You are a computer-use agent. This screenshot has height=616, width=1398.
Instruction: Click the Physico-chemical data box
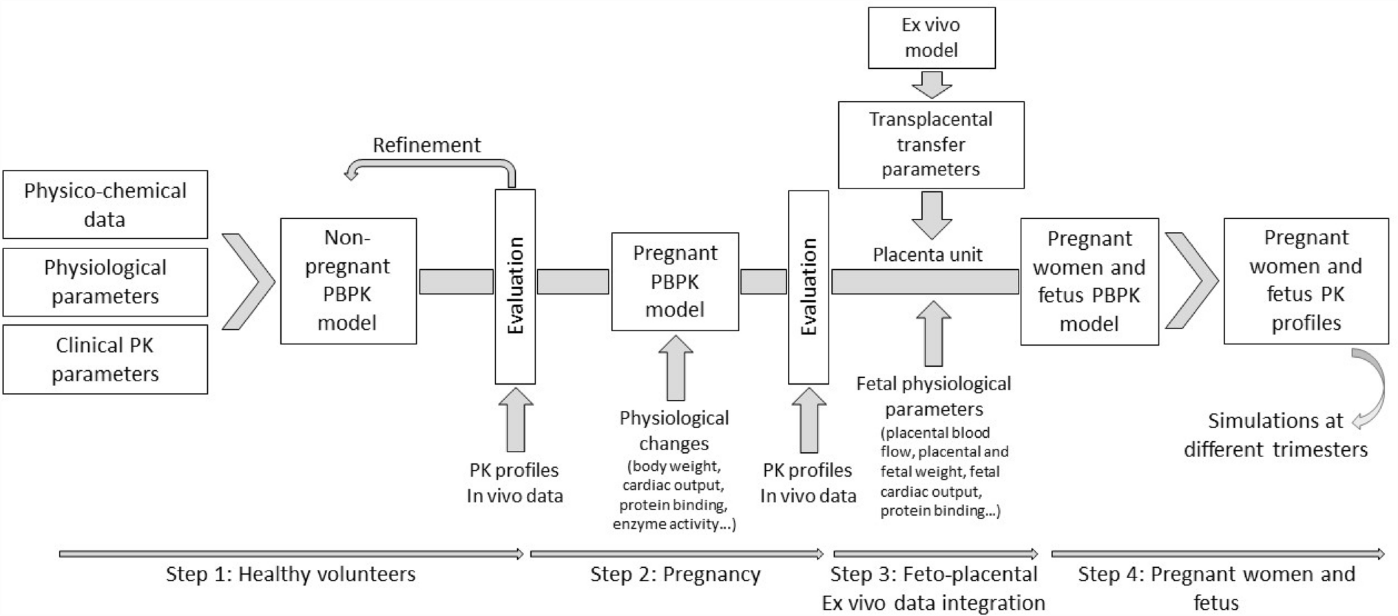(105, 204)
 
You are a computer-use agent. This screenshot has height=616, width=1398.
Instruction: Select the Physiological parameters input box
(105, 282)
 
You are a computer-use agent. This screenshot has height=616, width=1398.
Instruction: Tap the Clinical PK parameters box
(105, 359)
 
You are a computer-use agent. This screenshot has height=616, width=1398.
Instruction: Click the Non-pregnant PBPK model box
(348, 281)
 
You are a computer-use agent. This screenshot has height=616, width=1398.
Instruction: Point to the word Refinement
(426, 145)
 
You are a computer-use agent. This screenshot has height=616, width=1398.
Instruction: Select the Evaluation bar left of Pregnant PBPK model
(515, 286)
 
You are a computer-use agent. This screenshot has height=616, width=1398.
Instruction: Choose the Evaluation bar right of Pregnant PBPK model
(808, 286)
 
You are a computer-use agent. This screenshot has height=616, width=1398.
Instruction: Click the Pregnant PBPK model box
(675, 282)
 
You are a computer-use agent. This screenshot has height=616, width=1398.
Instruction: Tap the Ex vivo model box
(931, 38)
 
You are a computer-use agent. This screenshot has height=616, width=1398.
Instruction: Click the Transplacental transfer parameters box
(930, 145)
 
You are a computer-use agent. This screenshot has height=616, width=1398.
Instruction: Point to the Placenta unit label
(928, 255)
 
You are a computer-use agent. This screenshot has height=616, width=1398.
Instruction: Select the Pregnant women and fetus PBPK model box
(1089, 282)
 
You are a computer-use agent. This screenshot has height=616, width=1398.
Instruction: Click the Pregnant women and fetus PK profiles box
(1306, 281)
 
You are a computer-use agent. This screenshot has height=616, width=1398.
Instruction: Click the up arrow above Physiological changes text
(676, 369)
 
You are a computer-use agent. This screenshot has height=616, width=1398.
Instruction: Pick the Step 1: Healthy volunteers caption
(291, 574)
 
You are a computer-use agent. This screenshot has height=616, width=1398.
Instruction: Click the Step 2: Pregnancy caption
(675, 574)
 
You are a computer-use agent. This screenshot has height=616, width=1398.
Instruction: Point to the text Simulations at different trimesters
(1275, 435)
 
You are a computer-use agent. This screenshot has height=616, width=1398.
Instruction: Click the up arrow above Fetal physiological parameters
(933, 334)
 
